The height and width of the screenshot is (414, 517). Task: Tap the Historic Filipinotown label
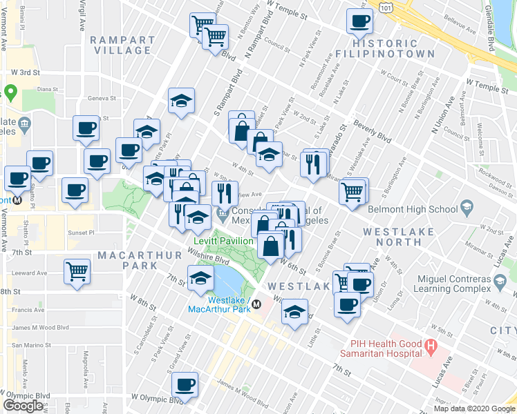point(385,47)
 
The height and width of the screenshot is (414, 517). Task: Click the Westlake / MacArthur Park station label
point(219,304)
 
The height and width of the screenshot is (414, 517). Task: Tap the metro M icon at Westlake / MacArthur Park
point(256,304)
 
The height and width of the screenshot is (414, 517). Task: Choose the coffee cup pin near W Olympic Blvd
point(185,384)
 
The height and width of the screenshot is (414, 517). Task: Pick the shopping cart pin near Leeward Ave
point(77,270)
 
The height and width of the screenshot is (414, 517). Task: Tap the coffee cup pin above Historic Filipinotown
point(359,21)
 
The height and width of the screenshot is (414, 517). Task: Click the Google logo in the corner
point(23,405)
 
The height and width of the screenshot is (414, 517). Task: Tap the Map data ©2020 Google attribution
point(474,408)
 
